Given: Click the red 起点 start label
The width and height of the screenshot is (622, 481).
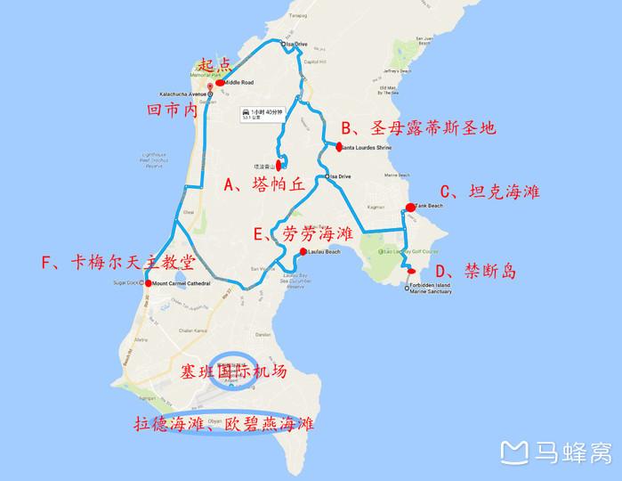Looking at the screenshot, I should click(x=214, y=64).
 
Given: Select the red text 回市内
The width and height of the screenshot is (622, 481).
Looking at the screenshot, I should click(x=172, y=110).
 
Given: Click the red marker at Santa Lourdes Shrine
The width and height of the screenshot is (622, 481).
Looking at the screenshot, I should click(x=339, y=146).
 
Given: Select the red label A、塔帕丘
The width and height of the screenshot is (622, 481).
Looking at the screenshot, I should click(x=264, y=185).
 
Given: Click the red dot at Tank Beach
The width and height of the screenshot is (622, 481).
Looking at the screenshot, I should click(x=410, y=208).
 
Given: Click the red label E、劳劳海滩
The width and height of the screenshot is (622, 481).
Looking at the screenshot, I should click(x=303, y=234).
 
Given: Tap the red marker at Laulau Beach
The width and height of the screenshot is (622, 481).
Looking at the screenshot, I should click(x=303, y=252).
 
